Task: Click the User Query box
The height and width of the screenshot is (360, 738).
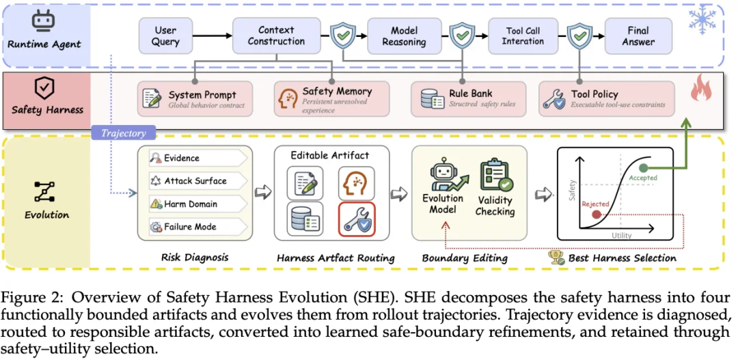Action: pyautogui.click(x=165, y=36)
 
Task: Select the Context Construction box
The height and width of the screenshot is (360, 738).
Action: pyautogui.click(x=276, y=36)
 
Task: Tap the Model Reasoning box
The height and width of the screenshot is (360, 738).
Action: pyautogui.click(x=404, y=36)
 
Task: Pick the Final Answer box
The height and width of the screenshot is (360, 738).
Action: pyautogui.click(x=638, y=36)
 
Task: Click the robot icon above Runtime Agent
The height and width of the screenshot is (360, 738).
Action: pyautogui.click(x=43, y=22)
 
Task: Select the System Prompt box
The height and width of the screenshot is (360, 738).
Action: pyautogui.click(x=195, y=99)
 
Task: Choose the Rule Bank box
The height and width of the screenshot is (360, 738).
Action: pyautogui.click(x=468, y=99)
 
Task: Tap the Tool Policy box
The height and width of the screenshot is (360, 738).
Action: pyautogui.click(x=606, y=99)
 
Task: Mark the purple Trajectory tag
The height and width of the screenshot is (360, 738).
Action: pyautogui.click(x=124, y=133)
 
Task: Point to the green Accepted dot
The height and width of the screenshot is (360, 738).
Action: pyautogui.click(x=644, y=168)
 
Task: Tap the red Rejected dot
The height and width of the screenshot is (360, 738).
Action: pyautogui.click(x=596, y=214)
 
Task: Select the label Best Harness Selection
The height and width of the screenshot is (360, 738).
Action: pyautogui.click(x=623, y=258)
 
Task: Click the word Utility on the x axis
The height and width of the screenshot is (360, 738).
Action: pyautogui.click(x=621, y=235)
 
